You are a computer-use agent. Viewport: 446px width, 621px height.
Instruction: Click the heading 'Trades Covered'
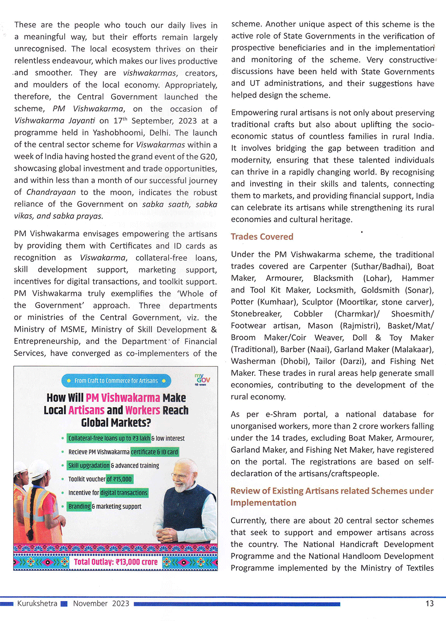pyautogui.click(x=262, y=237)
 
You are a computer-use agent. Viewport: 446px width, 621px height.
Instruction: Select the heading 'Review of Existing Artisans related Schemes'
pyautogui.click(x=332, y=491)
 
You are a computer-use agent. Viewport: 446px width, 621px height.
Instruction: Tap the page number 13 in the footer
pyautogui.click(x=429, y=604)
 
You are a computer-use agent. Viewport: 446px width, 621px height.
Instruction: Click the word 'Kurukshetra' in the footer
pyautogui.click(x=37, y=604)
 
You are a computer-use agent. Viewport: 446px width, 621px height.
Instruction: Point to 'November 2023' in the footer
pyautogui.click(x=101, y=604)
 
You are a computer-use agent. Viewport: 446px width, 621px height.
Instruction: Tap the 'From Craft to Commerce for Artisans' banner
pyautogui.click(x=116, y=381)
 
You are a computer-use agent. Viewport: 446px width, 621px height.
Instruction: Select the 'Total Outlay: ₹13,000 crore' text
pyautogui.click(x=116, y=562)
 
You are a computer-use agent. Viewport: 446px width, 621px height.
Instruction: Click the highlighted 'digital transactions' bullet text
pyautogui.click(x=124, y=493)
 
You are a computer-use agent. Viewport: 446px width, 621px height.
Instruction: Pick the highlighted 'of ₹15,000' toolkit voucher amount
pyautogui.click(x=119, y=479)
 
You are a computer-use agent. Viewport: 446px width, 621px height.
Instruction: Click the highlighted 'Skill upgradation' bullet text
pyautogui.click(x=89, y=466)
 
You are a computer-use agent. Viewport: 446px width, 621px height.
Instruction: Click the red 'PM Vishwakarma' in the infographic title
pyautogui.click(x=123, y=398)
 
